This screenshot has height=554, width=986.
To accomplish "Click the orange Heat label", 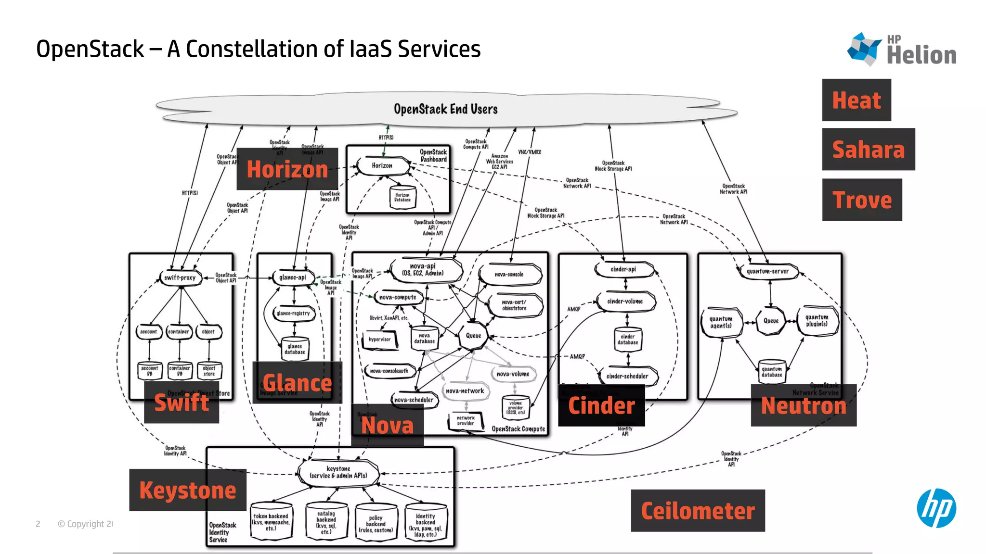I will (x=856, y=100).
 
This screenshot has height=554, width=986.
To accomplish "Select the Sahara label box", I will (x=868, y=150).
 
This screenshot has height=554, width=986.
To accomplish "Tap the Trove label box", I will (x=862, y=200).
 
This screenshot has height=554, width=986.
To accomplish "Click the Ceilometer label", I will (x=698, y=511).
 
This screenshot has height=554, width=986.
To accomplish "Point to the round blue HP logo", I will (x=936, y=508).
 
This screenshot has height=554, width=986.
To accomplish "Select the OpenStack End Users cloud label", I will (x=445, y=109).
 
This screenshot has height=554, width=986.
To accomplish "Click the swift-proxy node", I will (x=180, y=278).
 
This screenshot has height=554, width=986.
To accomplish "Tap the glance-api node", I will (x=293, y=277).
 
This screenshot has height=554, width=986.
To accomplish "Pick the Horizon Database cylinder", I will (x=402, y=197).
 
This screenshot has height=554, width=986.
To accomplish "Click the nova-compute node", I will (x=398, y=298).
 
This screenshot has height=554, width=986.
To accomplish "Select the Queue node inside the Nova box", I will (x=473, y=336).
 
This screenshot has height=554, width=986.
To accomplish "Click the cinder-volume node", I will (x=625, y=302).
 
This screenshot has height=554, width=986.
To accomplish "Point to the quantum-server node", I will (x=767, y=271).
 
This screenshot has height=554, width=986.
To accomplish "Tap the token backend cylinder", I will (x=271, y=522).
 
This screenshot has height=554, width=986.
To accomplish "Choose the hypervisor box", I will (x=380, y=340).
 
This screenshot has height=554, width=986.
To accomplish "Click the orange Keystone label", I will (x=187, y=490).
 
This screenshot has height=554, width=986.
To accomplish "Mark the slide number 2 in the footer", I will (x=38, y=524).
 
